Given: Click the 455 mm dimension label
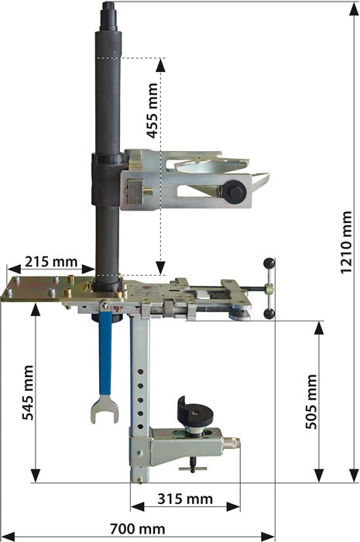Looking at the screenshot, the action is (x=153, y=110).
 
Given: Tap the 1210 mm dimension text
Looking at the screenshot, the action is (x=346, y=242).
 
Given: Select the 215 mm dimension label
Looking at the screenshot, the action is (x=51, y=262).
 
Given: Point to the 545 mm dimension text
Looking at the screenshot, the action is (x=28, y=393).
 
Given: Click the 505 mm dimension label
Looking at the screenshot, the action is (x=311, y=401).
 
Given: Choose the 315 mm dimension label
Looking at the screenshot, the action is (x=185, y=499).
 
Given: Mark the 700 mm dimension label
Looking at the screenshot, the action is (x=138, y=529).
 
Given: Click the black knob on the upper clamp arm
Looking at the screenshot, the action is (x=235, y=192).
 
